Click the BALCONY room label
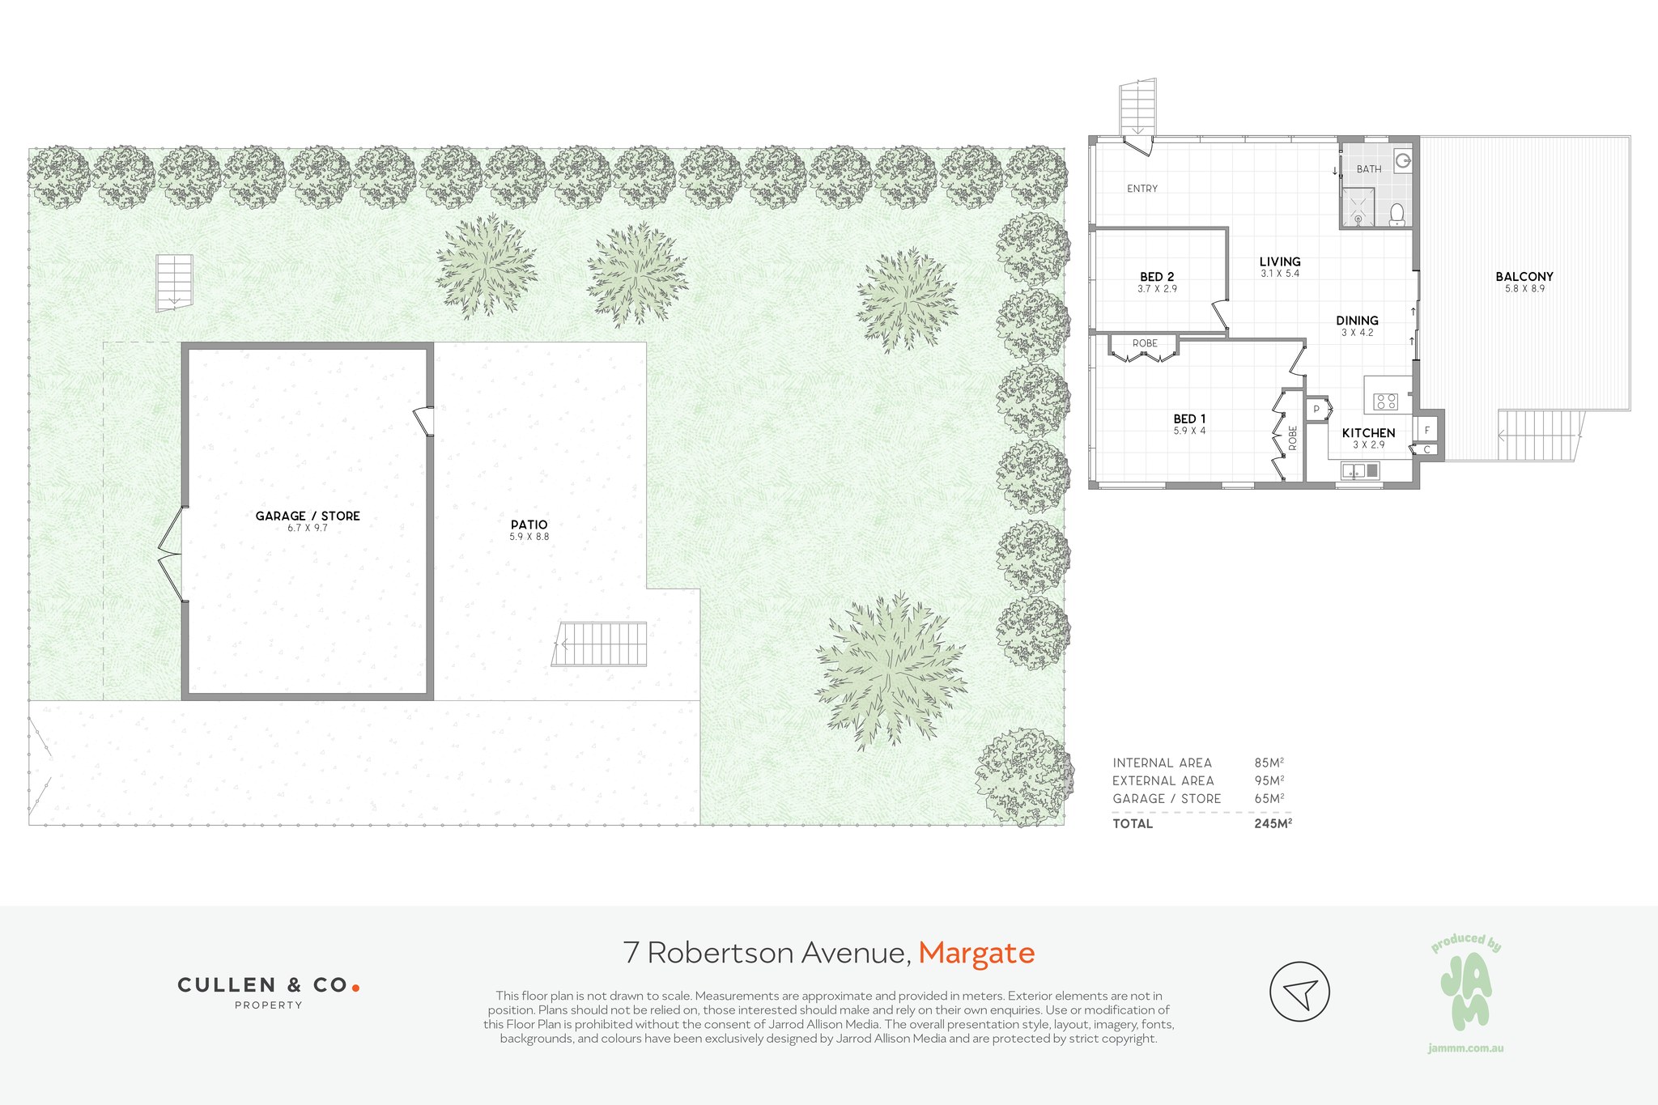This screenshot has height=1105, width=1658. tap(1524, 277)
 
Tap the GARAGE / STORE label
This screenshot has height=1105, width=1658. tap(308, 516)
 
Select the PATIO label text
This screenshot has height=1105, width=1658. tap(529, 525)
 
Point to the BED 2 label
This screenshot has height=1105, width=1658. tap(1157, 277)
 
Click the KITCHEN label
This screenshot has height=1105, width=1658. tap(1369, 433)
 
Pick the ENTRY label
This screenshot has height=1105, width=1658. tap(1142, 189)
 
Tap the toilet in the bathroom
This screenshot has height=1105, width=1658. tap(1397, 213)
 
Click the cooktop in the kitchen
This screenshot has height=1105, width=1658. tap(1386, 401)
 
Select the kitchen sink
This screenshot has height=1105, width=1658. tap(1360, 470)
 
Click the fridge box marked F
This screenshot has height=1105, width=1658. tap(1426, 430)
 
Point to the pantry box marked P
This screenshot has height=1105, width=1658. tap(1316, 410)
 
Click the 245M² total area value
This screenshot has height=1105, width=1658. tap(1273, 823)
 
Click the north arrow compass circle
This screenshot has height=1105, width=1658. tap(1299, 992)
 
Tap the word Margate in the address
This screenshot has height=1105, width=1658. tap(976, 954)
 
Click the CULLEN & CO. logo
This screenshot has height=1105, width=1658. tap(269, 991)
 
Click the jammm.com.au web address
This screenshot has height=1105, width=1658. tap(1466, 1048)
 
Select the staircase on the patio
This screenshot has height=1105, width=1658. tap(599, 644)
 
